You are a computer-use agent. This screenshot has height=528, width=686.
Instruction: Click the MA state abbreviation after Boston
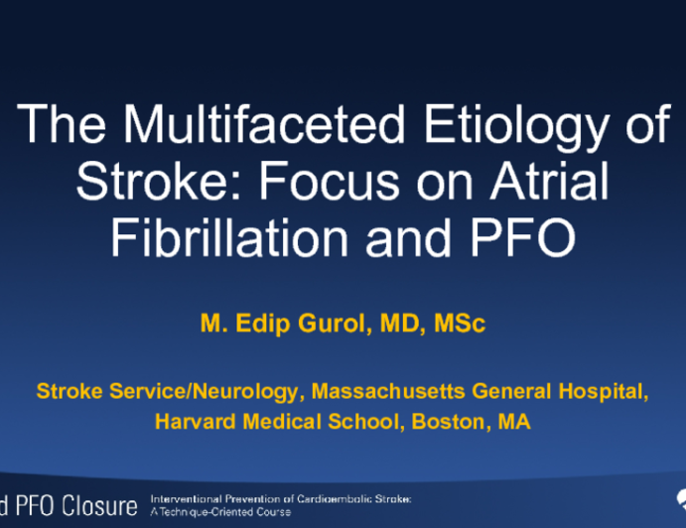coord(513,422)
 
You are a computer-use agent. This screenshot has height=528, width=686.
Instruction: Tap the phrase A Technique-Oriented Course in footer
coord(220,512)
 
